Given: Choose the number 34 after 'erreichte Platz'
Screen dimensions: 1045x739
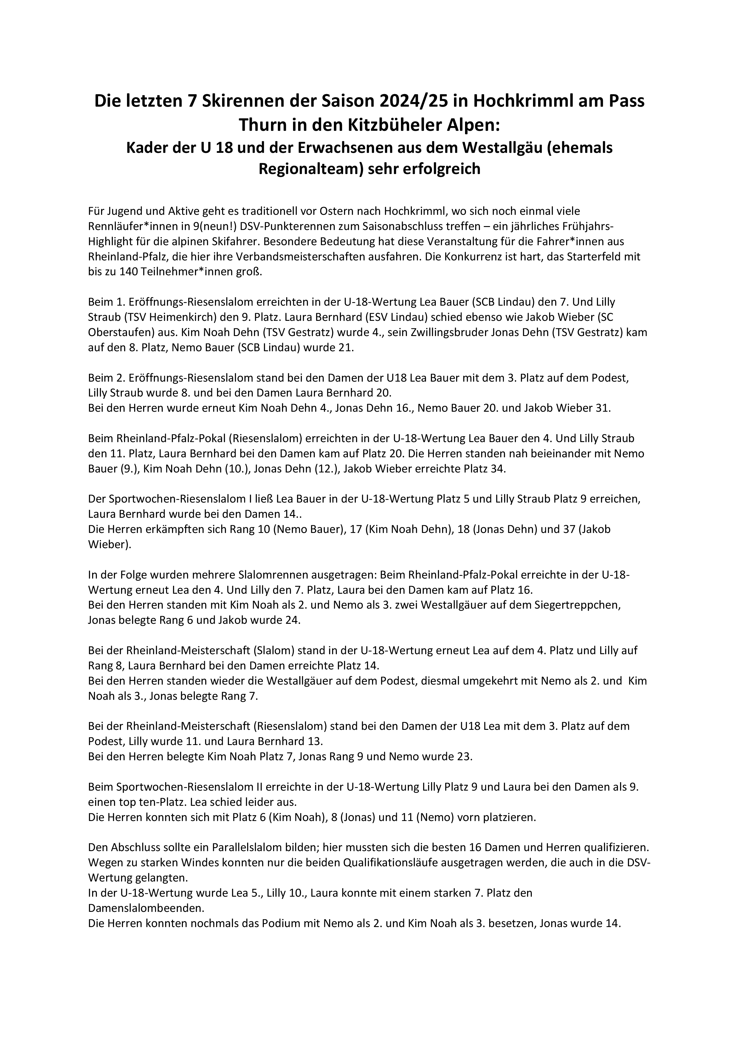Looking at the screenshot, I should pyautogui.click(x=496, y=469).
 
